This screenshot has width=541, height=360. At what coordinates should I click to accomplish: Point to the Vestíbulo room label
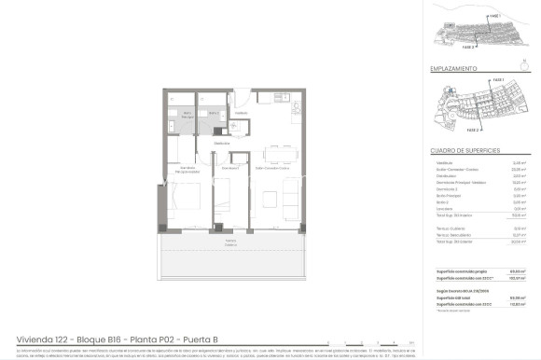pos(241,113)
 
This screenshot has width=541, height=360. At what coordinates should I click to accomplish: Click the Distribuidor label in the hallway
pos(221,144)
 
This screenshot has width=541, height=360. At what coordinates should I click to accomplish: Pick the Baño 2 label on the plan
pos(213,113)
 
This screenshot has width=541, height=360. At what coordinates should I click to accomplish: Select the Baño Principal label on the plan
pos(187,114)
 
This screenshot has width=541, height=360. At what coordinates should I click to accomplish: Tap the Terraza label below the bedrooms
pos(229,242)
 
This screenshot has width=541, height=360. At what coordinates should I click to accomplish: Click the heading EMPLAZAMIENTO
pos(454,69)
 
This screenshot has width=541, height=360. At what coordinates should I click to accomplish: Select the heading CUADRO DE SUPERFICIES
pos(465,150)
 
